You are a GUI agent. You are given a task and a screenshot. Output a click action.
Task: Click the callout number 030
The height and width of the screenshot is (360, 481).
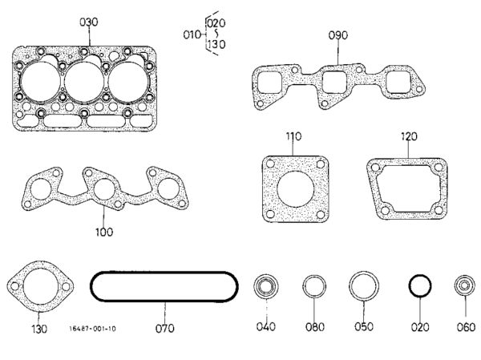[89, 22]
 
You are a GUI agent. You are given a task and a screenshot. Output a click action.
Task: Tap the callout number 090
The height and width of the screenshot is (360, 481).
[338, 35]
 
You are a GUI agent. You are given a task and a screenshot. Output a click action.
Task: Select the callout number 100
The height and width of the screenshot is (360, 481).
[104, 232]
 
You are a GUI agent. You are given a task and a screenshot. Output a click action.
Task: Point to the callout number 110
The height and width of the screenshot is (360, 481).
[293, 136]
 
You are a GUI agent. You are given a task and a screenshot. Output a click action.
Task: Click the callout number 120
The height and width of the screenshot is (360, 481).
[409, 136]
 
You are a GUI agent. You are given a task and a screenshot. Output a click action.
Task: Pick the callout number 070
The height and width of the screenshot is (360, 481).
[164, 329]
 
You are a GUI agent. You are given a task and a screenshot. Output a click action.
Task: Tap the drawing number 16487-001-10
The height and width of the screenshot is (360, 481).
[93, 329]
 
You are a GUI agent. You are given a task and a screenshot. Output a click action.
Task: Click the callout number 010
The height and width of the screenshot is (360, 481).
[192, 34]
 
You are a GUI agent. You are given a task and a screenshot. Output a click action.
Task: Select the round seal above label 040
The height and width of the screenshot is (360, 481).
[266, 286]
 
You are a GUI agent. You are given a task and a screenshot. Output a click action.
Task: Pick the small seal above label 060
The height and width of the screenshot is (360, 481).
[465, 285]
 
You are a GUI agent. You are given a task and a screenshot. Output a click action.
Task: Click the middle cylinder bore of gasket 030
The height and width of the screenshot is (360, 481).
[84, 82]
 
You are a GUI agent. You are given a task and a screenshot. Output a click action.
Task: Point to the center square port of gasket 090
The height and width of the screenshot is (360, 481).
[334, 82]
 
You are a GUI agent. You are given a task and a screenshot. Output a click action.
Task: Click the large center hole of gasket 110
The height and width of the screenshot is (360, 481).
[295, 188]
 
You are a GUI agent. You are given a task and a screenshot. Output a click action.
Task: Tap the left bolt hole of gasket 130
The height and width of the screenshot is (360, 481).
[14, 286]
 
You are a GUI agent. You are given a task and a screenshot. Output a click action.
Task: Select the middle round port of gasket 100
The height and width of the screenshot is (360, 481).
[104, 189]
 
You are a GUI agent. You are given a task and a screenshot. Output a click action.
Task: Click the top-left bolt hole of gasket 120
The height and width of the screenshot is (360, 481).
[375, 168]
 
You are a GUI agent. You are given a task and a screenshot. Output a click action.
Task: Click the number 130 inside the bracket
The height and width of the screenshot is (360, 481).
[216, 44]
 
